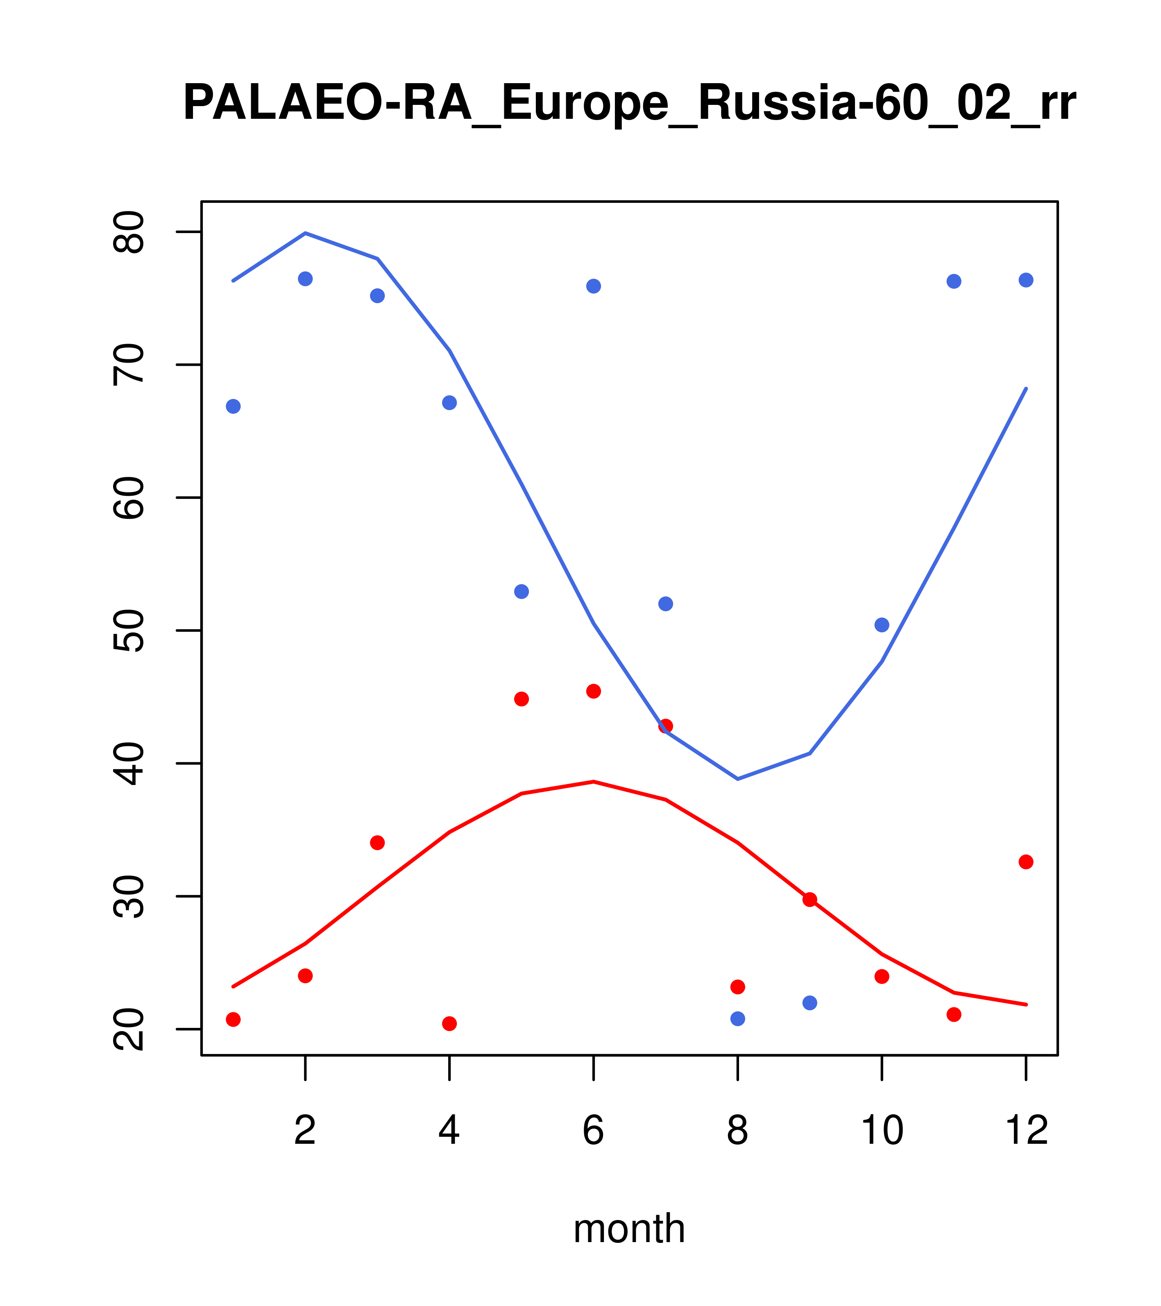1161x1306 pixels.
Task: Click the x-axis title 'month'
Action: pyautogui.click(x=629, y=1228)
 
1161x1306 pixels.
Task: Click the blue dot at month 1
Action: pyautogui.click(x=233, y=406)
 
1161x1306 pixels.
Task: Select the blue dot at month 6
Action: pyautogui.click(x=594, y=286)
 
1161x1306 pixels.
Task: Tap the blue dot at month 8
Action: pyautogui.click(x=737, y=1018)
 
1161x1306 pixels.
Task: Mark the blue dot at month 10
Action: pyautogui.click(x=882, y=625)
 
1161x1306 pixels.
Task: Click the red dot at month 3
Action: pyautogui.click(x=378, y=843)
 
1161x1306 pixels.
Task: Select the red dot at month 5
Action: pyautogui.click(x=522, y=699)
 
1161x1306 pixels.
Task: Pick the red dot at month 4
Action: pyautogui.click(x=450, y=1024)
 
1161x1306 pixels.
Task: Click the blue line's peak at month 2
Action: pyautogui.click(x=306, y=233)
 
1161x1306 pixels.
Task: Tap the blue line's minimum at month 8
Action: pyautogui.click(x=737, y=779)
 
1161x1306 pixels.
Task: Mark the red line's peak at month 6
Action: pyautogui.click(x=594, y=781)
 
